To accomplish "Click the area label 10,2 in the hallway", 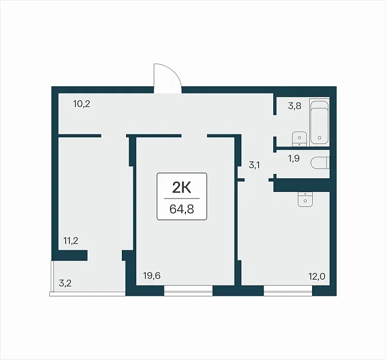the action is tap(82, 104).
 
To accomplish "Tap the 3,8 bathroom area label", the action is tap(295, 106).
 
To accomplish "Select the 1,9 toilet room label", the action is tap(294, 158).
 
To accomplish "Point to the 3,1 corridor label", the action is tap(255, 165).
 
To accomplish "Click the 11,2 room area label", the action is tap(71, 241).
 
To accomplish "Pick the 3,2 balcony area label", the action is tap(65, 283).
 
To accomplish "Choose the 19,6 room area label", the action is tap(152, 276).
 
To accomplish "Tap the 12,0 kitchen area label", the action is tap(317, 277).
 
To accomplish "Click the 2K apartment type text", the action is tap(182, 188).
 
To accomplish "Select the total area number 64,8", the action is tap(182, 209).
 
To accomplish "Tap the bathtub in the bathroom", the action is tap(319, 122).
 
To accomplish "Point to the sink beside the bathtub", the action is tap(300, 139).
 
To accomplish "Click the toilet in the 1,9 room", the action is tap(320, 163).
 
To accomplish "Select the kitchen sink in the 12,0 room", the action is tap(305, 199).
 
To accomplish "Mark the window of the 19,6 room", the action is tap(188, 290).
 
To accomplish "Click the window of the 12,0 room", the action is tap(288, 290).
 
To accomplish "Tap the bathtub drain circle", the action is tap(319, 138).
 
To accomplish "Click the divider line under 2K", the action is tap(182, 199).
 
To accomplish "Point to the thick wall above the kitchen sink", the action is tap(301, 185).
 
